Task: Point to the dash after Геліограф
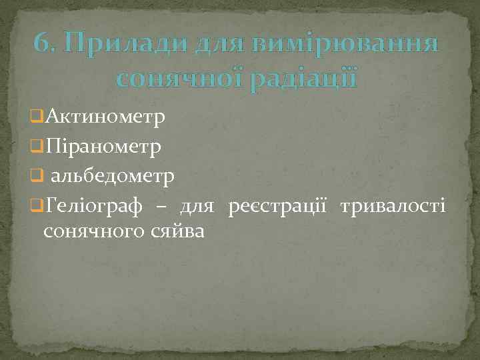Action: tap(160, 207)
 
